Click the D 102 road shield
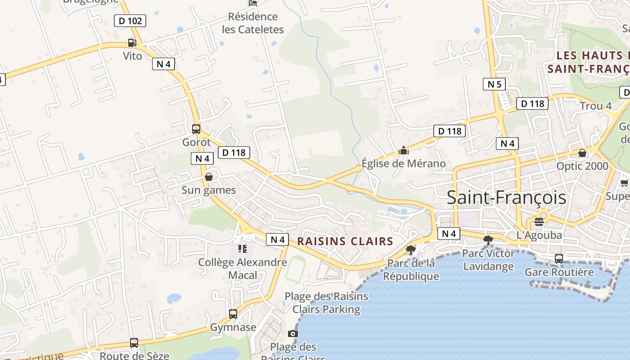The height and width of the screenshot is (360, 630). click(x=130, y=21)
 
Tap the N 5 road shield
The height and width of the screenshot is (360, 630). click(x=494, y=84)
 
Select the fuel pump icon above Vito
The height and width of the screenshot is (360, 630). click(x=132, y=43)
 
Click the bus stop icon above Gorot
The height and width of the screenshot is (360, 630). click(x=196, y=129)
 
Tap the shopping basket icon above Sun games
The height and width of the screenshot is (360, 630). click(x=209, y=177)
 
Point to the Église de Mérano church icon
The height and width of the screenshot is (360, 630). click(x=404, y=150)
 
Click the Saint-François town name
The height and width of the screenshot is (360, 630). click(x=506, y=198)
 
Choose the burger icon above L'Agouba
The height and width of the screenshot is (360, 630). click(x=539, y=221)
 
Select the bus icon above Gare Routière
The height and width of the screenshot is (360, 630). click(x=558, y=259)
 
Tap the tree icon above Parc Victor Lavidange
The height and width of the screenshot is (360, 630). click(x=488, y=240)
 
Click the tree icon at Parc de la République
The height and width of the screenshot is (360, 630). click(x=410, y=250)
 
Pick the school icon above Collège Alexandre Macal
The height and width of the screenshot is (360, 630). click(x=243, y=248)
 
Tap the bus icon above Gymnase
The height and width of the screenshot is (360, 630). click(x=233, y=314)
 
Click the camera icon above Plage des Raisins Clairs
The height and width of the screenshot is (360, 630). click(x=293, y=333)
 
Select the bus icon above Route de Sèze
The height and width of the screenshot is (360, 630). click(x=134, y=343)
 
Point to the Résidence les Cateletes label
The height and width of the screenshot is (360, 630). click(x=253, y=23)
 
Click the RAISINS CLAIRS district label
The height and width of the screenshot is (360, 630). click(x=345, y=241)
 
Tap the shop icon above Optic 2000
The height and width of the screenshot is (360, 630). click(x=582, y=153)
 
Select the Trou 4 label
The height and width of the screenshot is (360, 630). click(x=596, y=106)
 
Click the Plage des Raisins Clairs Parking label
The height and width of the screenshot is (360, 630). click(x=326, y=303)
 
